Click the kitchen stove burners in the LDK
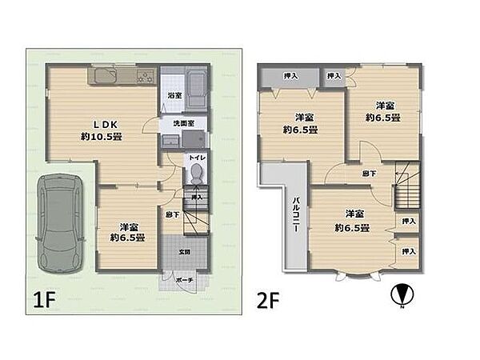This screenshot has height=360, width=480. click(146, 78)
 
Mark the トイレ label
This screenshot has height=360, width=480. click(196, 158)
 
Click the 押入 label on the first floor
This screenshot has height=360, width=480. click(196, 196)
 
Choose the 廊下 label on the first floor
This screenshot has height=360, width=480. click(172, 214)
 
